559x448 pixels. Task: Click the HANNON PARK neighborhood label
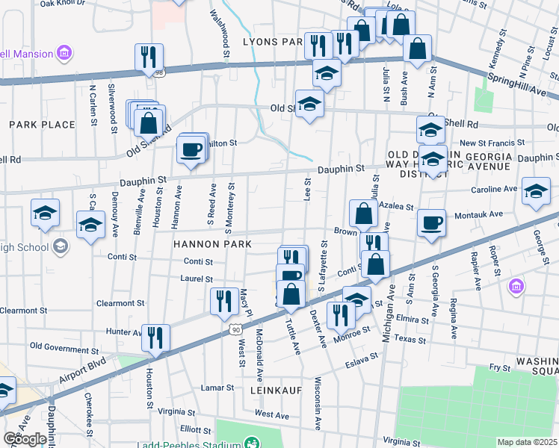coord(211,244)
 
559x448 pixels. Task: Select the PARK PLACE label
coord(42,125)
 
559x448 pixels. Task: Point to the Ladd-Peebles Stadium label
coord(283,444)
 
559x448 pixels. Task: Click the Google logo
coord(25,439)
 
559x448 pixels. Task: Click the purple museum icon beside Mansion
coord(65,54)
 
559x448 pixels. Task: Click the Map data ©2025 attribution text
coord(528,442)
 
